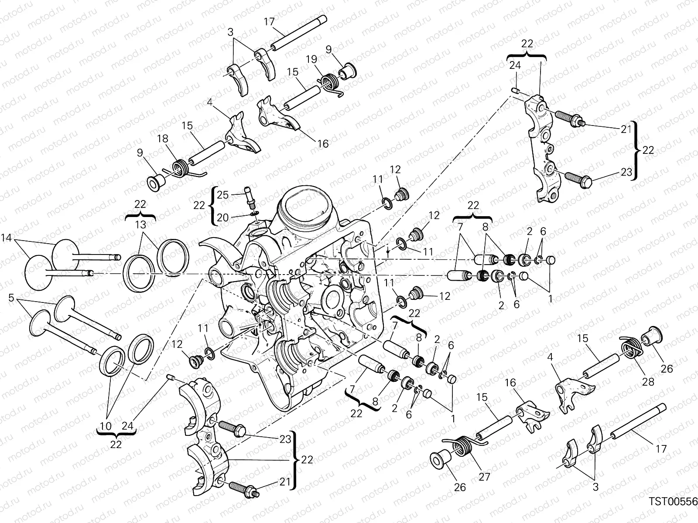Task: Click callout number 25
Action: (222, 195)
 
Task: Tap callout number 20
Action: (222, 217)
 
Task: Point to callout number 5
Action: (11, 298)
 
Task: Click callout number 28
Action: (648, 381)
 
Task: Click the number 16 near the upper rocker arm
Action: (323, 143)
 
